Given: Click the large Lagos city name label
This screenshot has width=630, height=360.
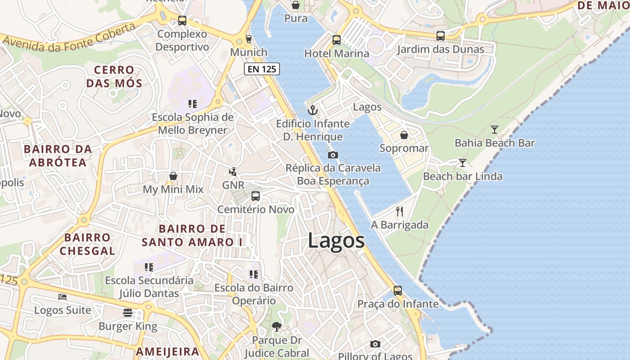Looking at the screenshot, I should [x=336, y=241].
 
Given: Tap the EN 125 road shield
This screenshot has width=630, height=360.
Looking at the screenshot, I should [x=262, y=69].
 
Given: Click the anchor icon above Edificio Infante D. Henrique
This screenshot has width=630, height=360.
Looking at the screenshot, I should [x=312, y=110].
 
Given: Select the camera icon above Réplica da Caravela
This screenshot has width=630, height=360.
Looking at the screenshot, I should [x=333, y=155].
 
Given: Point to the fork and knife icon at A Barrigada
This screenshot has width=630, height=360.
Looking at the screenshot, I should [x=400, y=211].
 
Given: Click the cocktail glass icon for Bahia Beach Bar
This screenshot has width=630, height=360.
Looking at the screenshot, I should [x=495, y=130].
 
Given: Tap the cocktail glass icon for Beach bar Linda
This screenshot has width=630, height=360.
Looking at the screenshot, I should [x=462, y=162].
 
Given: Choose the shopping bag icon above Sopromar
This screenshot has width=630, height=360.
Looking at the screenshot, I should [x=404, y=135].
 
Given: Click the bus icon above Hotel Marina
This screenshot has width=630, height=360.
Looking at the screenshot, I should [x=337, y=40].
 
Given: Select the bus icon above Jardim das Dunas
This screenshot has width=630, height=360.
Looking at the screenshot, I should [x=440, y=36].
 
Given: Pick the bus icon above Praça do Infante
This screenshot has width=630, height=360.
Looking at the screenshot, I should [x=397, y=290].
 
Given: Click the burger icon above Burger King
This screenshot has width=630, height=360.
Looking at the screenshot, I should [x=128, y=313].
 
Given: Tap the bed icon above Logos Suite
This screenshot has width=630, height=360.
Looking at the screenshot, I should [x=63, y=297].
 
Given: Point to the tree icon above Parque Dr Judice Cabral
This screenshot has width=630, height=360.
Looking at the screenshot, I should [x=277, y=327].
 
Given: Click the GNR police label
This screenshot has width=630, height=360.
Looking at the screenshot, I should [x=233, y=185].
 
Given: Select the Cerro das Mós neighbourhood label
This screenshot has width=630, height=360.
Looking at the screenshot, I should [x=114, y=76].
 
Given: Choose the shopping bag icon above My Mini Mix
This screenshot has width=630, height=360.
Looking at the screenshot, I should [x=173, y=176].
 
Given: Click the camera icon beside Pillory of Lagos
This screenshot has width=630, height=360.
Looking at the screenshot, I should [x=375, y=344].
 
